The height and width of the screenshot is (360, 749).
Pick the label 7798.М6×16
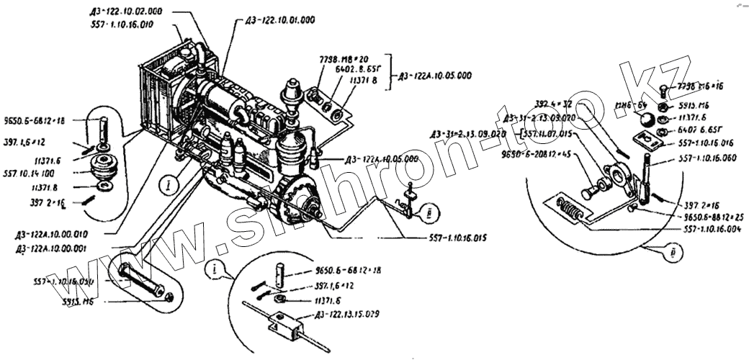(703, 86)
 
